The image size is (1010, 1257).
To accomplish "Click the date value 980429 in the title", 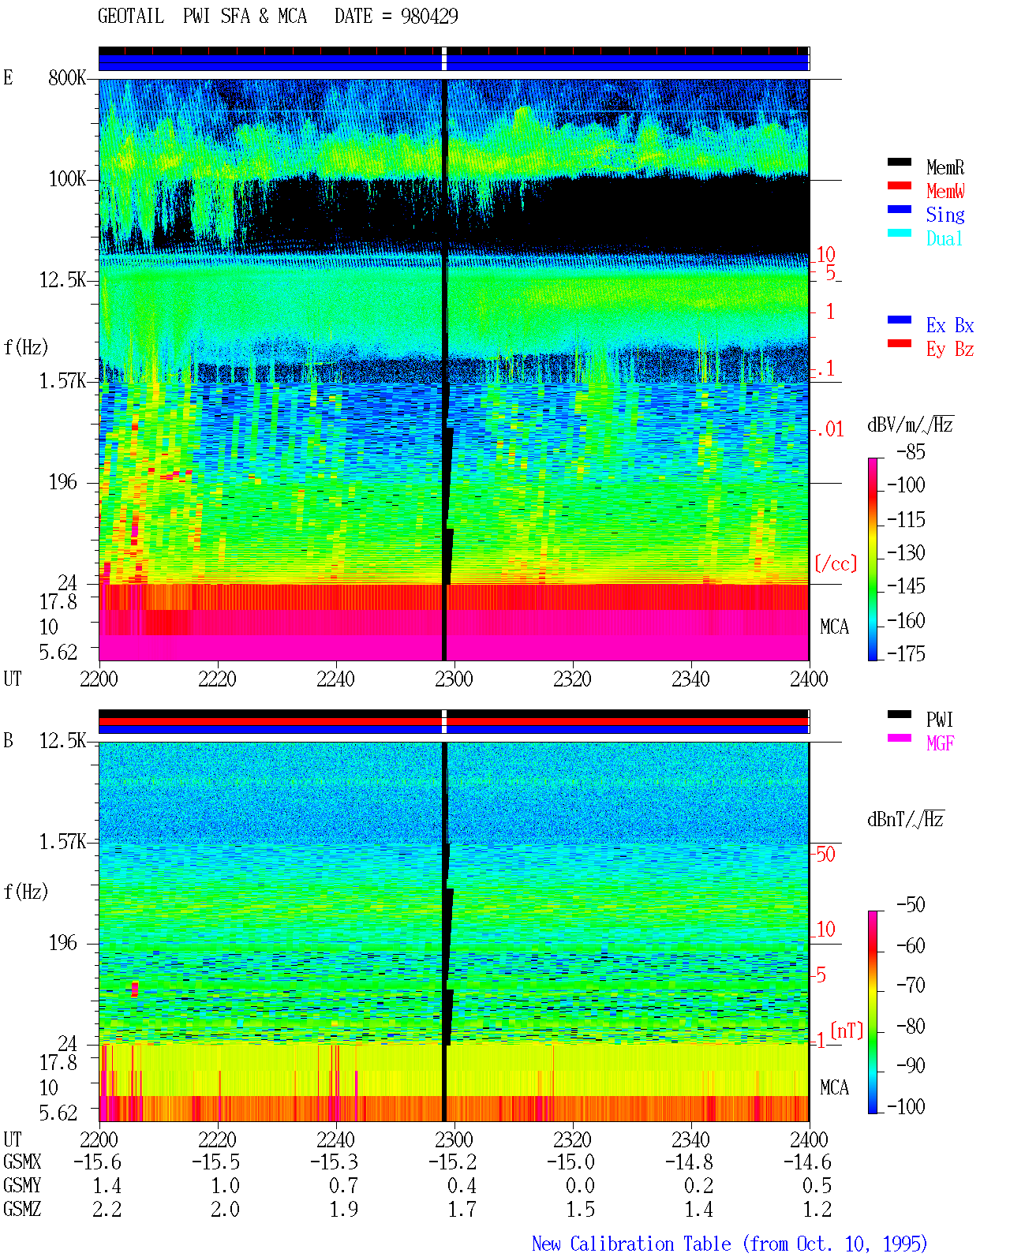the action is (x=429, y=17).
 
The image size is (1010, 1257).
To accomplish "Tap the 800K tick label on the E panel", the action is (x=67, y=77).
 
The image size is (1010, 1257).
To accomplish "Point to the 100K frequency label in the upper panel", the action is (x=67, y=179).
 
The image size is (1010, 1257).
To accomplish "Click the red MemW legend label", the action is (x=945, y=191).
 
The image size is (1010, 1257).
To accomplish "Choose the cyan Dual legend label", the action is (x=945, y=238).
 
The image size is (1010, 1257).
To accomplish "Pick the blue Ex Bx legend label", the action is (x=950, y=325).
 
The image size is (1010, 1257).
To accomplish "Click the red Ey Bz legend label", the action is (x=950, y=350).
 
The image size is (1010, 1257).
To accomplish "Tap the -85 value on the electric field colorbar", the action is (x=911, y=451).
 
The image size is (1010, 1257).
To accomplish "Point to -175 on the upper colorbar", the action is (x=906, y=653).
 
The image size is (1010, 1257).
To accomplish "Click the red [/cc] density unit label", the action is (x=836, y=563).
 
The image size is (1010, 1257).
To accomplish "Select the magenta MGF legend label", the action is (x=940, y=743).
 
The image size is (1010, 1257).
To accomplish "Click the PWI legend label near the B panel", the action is (x=939, y=720).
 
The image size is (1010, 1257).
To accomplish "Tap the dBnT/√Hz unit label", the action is (x=905, y=820).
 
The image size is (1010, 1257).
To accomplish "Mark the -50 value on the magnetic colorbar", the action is (x=911, y=905).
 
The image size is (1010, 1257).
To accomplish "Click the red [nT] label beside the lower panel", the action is (x=847, y=1031).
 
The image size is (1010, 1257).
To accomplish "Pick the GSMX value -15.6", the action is (x=98, y=1162).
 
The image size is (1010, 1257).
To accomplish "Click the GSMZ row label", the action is (x=22, y=1209).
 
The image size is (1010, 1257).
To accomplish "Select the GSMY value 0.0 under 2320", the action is (x=580, y=1186).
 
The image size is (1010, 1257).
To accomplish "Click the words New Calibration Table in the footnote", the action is (x=631, y=1244).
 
